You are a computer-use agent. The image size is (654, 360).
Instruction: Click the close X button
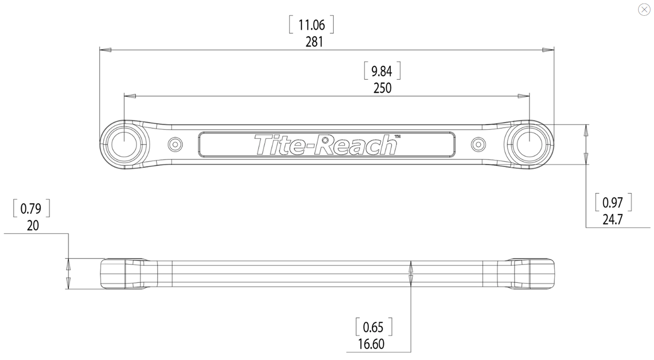click(x=644, y=10)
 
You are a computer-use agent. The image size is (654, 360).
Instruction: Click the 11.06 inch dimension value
click(x=311, y=25)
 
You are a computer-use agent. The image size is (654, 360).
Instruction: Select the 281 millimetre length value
click(x=314, y=42)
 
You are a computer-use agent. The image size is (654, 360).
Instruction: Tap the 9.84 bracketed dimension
click(x=382, y=71)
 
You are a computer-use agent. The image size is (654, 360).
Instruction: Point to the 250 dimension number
click(x=382, y=88)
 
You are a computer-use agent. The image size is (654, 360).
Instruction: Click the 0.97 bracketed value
click(x=613, y=202)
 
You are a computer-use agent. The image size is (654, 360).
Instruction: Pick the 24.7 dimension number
click(x=613, y=220)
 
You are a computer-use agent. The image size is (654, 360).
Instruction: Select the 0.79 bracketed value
click(x=31, y=208)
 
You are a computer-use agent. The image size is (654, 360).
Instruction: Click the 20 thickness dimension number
click(x=33, y=226)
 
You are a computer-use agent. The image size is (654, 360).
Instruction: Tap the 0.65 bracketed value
click(x=373, y=327)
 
